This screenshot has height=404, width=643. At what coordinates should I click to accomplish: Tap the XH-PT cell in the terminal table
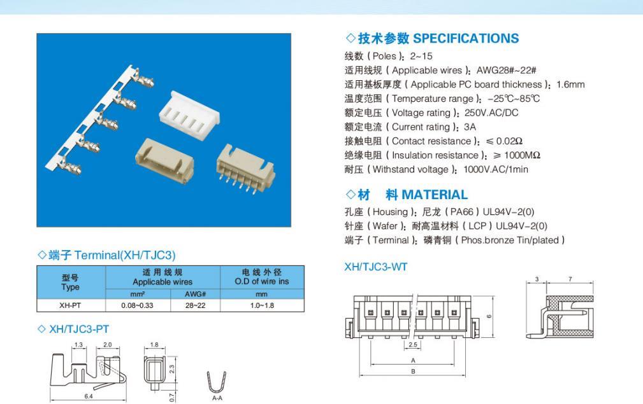(70, 305)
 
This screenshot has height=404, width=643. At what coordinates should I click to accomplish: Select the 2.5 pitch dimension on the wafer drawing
(412, 345)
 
